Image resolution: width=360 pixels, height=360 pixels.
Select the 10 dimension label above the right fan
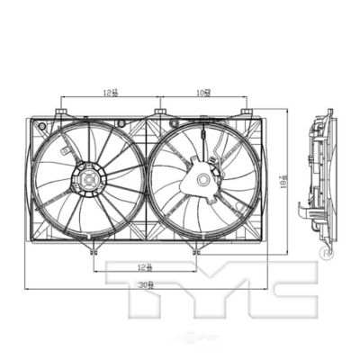click(x=204, y=92)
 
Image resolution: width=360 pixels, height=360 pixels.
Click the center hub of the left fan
click(x=90, y=183)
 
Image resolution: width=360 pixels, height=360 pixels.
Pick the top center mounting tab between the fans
click(x=159, y=112)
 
